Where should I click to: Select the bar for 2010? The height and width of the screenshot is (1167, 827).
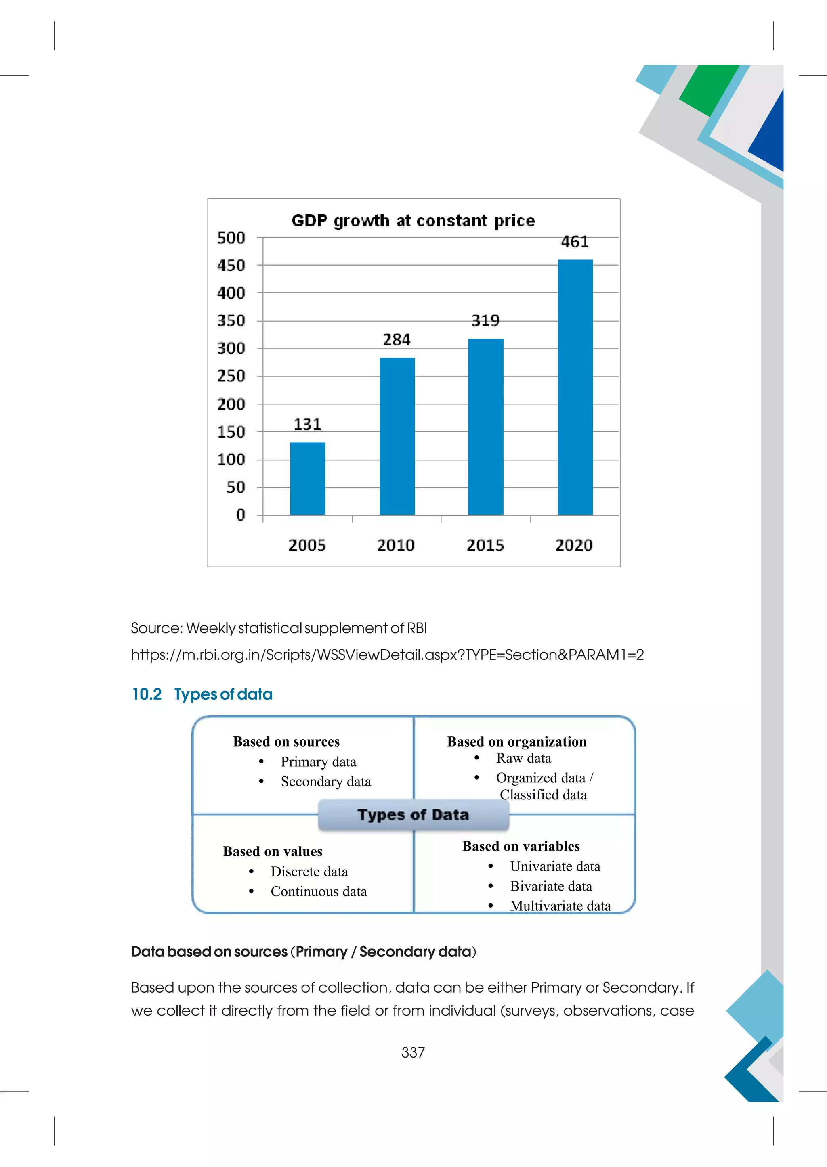coord(397,436)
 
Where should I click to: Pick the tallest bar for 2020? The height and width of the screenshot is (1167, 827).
coord(575,387)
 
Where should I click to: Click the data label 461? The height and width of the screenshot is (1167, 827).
coord(575,242)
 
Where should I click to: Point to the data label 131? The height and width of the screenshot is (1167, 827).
coord(307,425)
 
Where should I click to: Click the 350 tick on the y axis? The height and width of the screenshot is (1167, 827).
coord(231,321)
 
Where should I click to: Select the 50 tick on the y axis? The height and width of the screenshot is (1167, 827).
coord(236,487)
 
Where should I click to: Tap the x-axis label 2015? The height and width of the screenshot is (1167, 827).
coord(485,546)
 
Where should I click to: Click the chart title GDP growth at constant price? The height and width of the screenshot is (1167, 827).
coord(413,221)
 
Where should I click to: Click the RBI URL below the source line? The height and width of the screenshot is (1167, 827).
coord(387,655)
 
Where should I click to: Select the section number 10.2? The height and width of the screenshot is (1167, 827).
coord(147,694)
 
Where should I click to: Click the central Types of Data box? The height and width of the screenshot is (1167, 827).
coord(413,815)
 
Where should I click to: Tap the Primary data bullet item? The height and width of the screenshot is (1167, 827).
coord(318,762)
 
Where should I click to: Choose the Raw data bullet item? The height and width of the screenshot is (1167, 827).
coord(523,758)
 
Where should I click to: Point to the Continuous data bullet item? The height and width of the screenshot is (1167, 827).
coord(318,892)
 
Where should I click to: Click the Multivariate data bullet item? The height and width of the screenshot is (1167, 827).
coord(560,906)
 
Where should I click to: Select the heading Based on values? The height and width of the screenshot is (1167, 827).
coord(273,851)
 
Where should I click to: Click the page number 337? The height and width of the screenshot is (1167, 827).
coord(413,1052)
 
